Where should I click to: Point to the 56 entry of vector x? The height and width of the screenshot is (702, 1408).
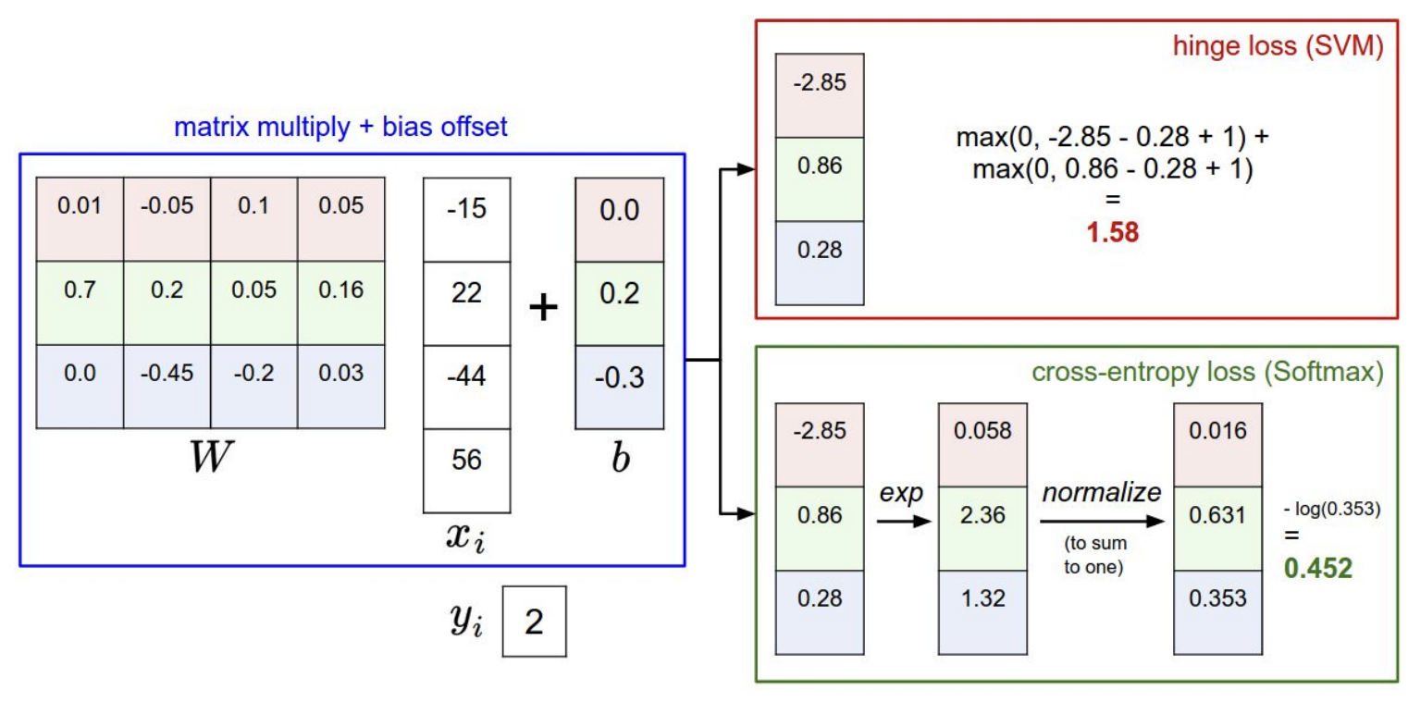point(466,460)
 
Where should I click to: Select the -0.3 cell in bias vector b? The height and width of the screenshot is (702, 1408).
point(618,378)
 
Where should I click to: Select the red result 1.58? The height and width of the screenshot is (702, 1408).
point(1113,231)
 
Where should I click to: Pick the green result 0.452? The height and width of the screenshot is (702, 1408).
point(1324,567)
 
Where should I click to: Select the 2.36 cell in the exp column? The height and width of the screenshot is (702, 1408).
point(982,515)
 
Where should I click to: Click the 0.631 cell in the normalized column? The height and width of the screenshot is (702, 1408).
point(1217,515)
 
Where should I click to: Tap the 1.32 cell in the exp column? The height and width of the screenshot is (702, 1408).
point(982,598)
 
